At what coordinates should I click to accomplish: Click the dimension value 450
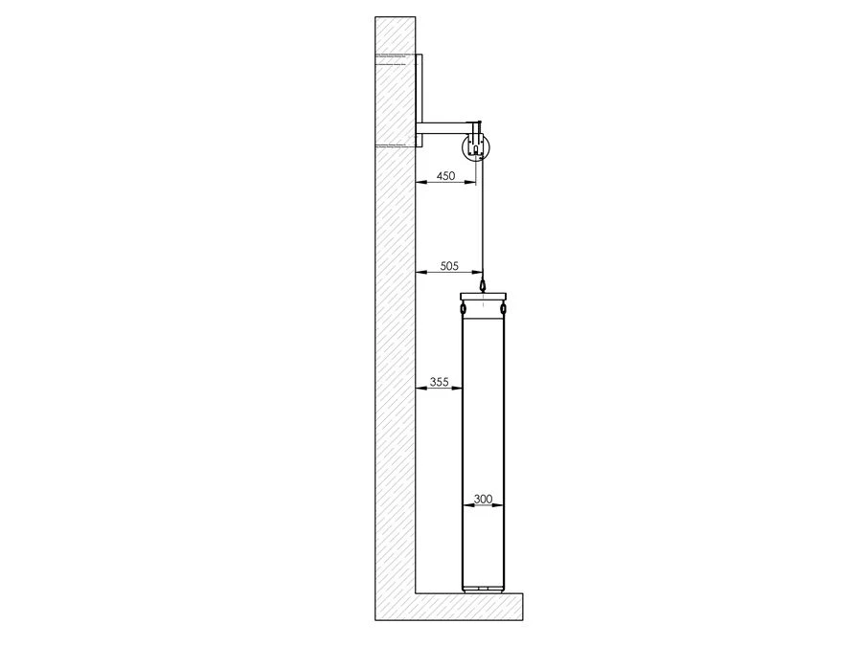[x=445, y=176]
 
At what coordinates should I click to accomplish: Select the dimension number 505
[x=449, y=266]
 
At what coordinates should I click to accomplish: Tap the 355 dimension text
[x=440, y=382]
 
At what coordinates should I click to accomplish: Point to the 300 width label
[x=483, y=500]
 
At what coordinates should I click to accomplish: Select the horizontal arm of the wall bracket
[x=442, y=128]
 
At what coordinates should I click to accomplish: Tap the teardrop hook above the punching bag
[x=483, y=285]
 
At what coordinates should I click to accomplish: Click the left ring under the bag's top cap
[x=465, y=309]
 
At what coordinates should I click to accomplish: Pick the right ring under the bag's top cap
[x=502, y=309]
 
